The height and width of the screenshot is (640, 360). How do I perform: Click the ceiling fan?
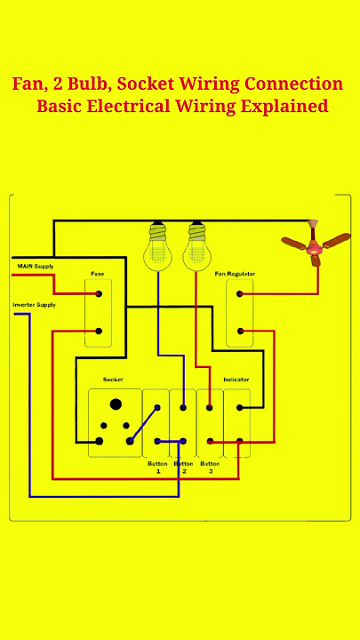click(315, 244)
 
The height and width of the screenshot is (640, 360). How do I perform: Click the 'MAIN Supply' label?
click(36, 266)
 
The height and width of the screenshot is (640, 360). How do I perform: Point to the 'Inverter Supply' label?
click(35, 305)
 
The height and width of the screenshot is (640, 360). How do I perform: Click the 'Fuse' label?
click(97, 274)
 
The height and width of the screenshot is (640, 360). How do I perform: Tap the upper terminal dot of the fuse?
click(99, 293)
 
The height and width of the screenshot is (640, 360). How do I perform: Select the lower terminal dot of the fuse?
click(99, 331)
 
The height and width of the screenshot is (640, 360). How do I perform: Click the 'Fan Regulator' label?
click(235, 274)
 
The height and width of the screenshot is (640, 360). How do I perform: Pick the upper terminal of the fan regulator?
click(240, 294)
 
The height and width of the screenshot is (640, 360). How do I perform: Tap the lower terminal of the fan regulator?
click(240, 331)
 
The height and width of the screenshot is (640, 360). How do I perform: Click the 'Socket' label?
click(113, 380)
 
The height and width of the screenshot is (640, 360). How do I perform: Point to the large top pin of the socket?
click(116, 404)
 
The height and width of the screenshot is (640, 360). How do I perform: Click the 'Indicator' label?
click(236, 380)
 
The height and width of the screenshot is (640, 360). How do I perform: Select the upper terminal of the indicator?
click(240, 407)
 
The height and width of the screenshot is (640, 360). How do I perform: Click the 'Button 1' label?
click(157, 468)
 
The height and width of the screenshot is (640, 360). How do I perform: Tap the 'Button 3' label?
click(210, 468)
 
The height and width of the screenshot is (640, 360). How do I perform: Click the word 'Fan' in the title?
click(27, 84)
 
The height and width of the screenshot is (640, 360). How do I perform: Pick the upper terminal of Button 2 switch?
click(183, 407)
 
